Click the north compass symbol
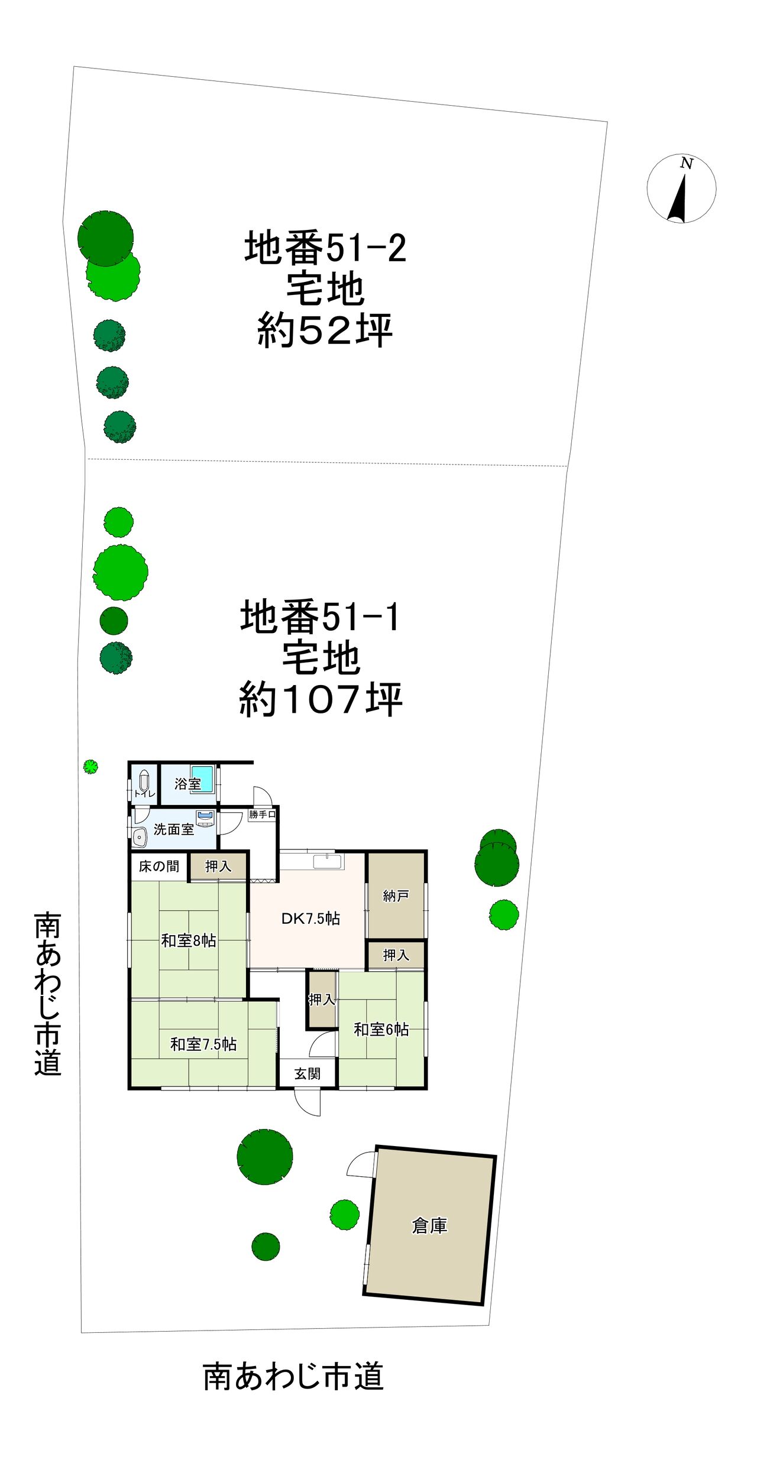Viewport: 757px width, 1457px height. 681,189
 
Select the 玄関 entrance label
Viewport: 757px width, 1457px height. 308,1073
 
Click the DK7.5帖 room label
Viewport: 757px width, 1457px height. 310,918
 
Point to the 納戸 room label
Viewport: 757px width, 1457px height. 396,895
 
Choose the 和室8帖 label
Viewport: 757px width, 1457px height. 189,940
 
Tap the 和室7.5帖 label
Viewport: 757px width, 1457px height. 203,1044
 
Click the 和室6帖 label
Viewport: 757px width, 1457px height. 381,1029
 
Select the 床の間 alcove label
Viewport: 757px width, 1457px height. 158,866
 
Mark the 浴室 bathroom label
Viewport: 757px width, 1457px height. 187,784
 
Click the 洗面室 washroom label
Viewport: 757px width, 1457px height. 174,829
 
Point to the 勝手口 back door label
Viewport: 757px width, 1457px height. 262,814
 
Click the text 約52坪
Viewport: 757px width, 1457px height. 325,330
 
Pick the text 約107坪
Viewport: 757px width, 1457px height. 321,699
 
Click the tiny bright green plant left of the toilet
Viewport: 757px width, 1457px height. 90,767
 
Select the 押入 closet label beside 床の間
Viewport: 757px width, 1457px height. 218,866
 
